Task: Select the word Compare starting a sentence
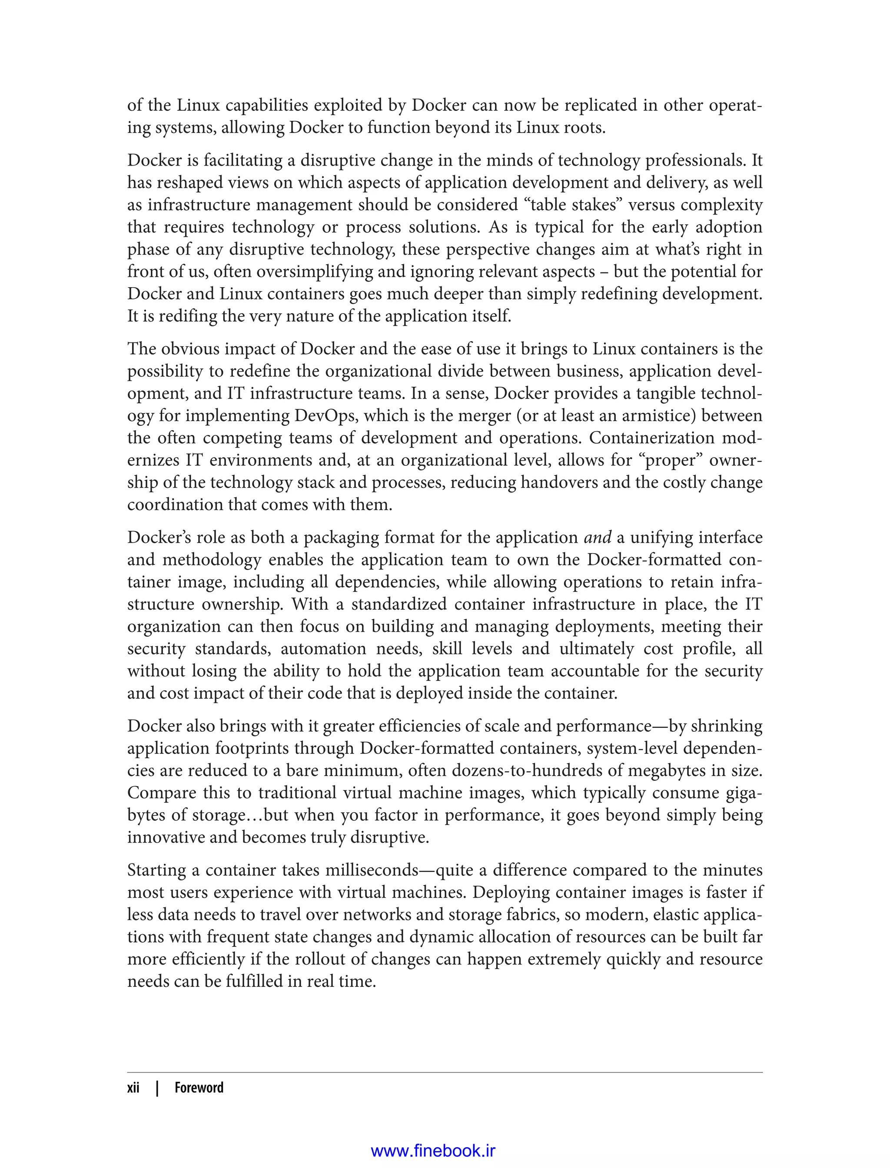tap(161, 793)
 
